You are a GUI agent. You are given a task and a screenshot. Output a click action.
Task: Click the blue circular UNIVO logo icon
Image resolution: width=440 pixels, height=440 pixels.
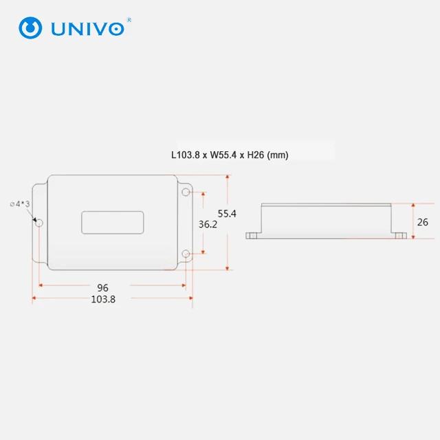point(30,27)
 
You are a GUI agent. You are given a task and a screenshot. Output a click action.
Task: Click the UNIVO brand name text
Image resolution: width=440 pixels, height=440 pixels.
point(87,29)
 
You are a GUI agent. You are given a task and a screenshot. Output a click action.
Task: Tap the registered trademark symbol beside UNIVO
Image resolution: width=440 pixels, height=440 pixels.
point(129,20)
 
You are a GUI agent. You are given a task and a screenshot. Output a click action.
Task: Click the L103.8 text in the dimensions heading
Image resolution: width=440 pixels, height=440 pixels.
point(186,155)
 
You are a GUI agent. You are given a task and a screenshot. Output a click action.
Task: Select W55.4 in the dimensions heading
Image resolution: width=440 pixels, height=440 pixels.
point(223,155)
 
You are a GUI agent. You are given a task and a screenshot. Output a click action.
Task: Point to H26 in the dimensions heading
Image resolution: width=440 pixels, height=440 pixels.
point(256,155)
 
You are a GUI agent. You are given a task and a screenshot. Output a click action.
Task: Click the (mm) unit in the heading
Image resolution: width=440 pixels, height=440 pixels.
point(278,155)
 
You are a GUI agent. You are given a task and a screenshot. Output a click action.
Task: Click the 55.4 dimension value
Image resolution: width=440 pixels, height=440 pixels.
point(227,214)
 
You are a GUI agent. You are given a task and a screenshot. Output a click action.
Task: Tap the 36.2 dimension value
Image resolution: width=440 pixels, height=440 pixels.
point(208,224)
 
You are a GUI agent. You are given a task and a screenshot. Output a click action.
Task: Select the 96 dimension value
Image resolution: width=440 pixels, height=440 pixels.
point(102,288)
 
